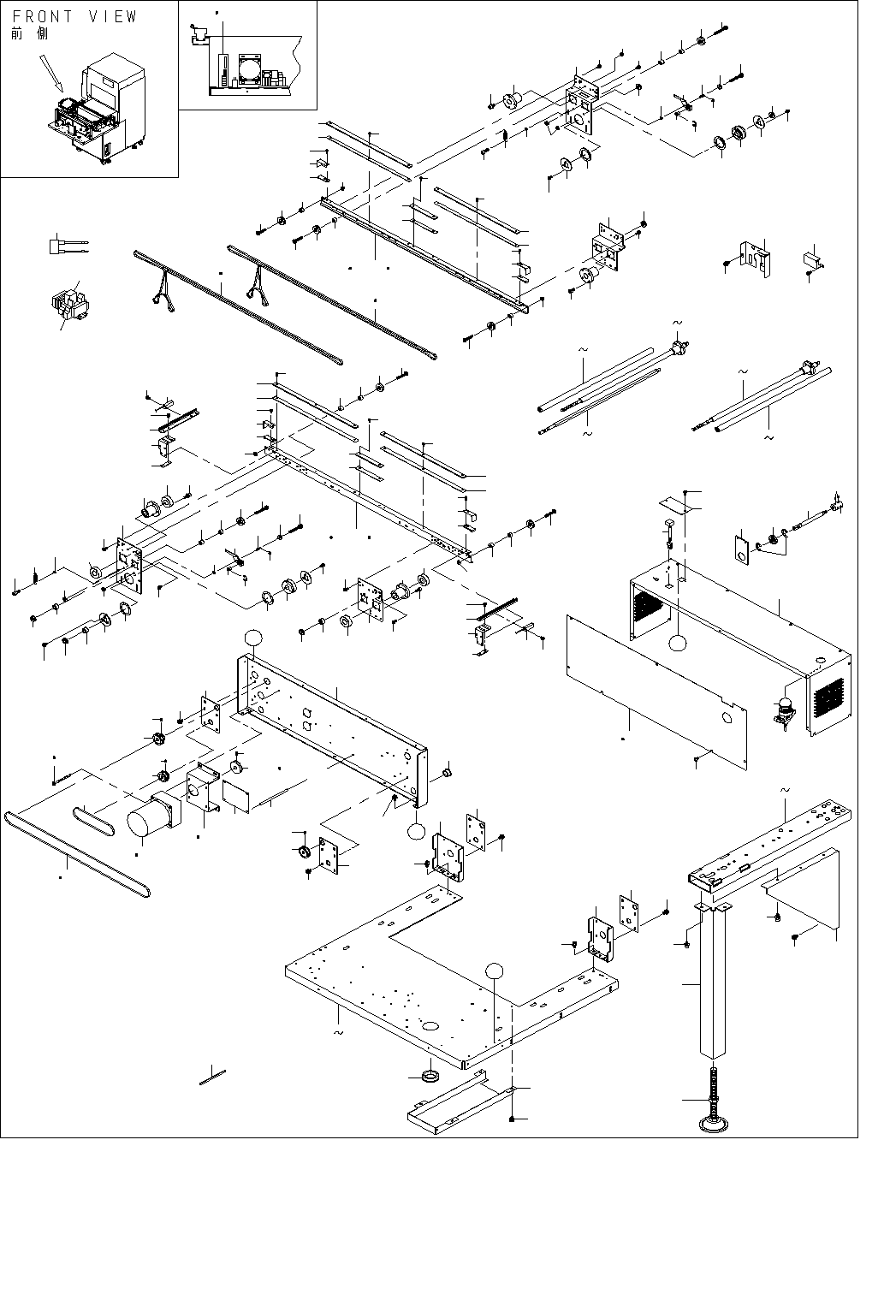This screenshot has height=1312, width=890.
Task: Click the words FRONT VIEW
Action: pos(74,16)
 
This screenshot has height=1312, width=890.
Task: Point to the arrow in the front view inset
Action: pos(50,73)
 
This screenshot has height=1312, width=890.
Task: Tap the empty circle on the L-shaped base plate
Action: pos(494,971)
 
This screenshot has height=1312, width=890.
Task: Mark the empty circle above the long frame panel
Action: pos(252,638)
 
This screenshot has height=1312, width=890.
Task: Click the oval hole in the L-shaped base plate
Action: pos(430,1024)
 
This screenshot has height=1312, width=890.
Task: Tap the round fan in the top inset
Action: pos(250,68)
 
